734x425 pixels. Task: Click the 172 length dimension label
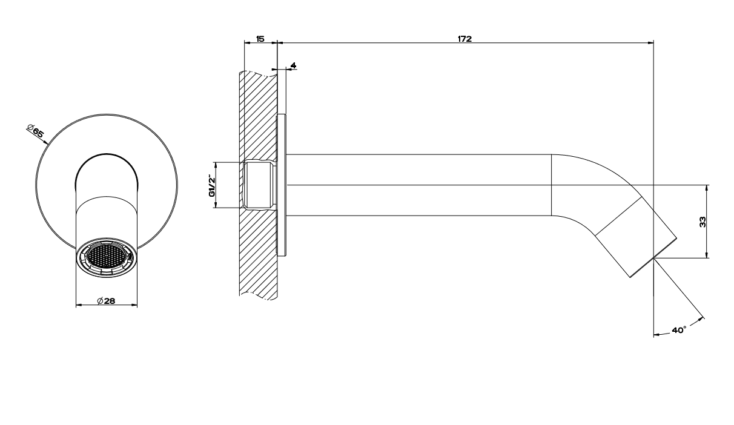[x=465, y=39]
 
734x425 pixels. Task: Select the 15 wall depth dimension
[x=260, y=39]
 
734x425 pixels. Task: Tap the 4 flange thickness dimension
[x=293, y=65]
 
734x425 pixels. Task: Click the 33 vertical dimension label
[x=703, y=222]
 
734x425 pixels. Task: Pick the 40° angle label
[x=679, y=330]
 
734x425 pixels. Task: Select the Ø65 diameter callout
[x=35, y=130]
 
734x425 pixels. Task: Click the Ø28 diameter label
[x=106, y=300]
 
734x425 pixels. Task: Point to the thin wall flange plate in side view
[x=282, y=185]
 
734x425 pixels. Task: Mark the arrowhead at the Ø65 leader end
[x=45, y=142]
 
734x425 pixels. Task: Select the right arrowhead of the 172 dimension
[x=651, y=42]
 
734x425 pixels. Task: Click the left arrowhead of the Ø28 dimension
[x=79, y=305]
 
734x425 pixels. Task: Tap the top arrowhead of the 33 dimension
[x=707, y=188]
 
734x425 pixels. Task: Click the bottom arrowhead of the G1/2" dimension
[x=216, y=205]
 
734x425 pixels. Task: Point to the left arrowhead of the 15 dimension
[x=248, y=42]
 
